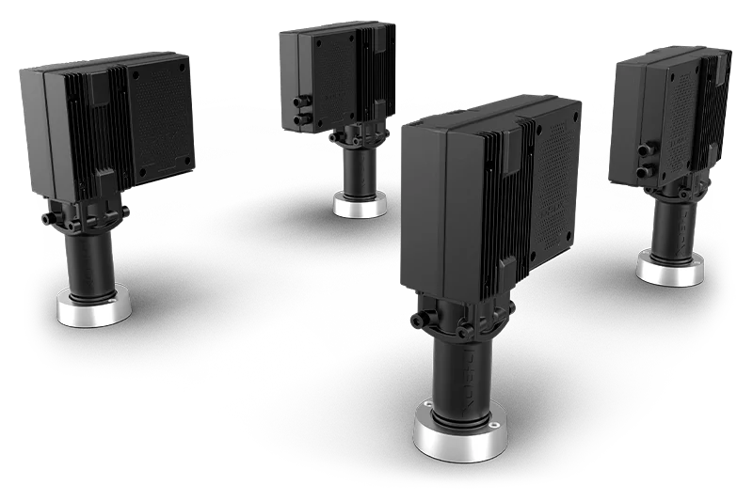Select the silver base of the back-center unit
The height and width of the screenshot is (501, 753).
click(x=360, y=204)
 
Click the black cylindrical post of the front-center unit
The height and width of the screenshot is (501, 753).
click(x=458, y=376)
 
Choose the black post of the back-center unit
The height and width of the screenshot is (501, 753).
click(x=358, y=169)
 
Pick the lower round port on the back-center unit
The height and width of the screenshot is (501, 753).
click(x=300, y=120)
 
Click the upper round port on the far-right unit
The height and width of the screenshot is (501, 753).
click(x=644, y=149)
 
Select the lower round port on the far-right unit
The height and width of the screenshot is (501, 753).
click(x=646, y=170)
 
